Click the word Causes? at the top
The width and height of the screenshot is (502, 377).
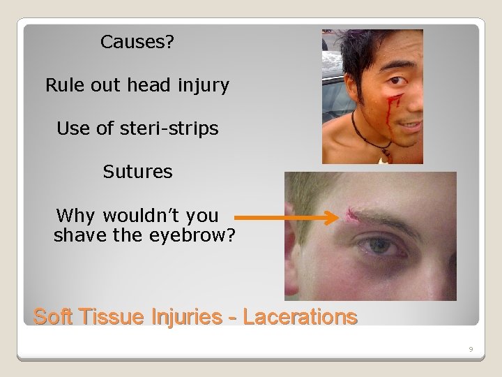(137, 43)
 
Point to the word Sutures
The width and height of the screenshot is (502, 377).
(137, 172)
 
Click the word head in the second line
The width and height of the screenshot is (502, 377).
(144, 86)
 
